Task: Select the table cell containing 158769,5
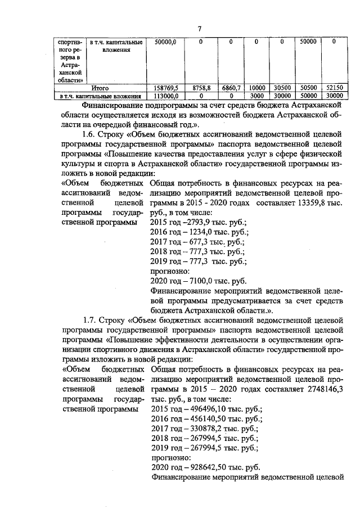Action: click(x=165, y=88)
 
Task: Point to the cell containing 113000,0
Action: click(x=165, y=96)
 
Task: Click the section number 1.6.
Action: click(x=89, y=135)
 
